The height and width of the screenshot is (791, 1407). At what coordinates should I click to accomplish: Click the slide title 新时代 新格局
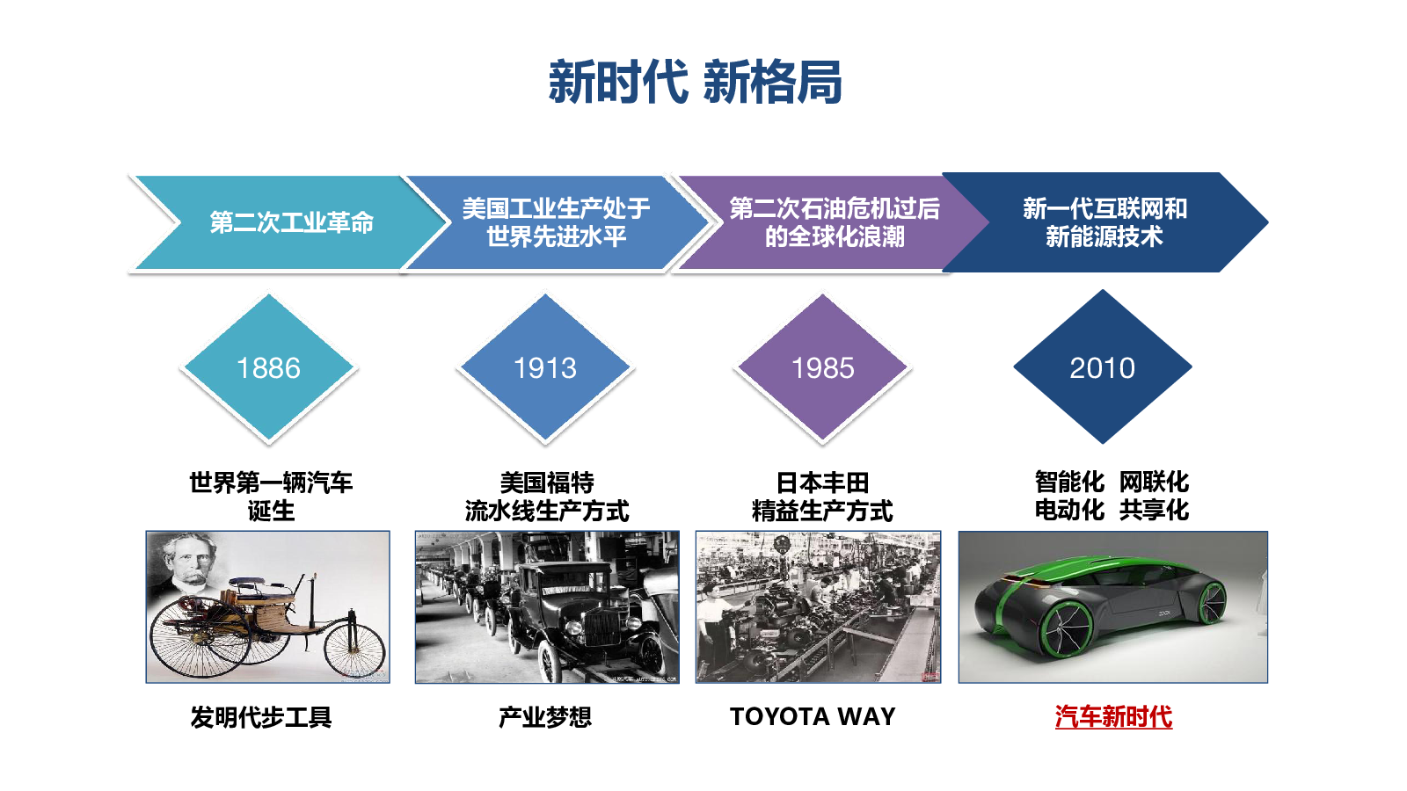tap(695, 83)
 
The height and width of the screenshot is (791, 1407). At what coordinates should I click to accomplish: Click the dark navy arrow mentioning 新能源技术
tap(1104, 222)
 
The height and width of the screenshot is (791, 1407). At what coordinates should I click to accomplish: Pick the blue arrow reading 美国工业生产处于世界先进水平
tap(557, 223)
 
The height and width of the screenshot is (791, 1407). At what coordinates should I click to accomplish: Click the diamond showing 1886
tap(269, 368)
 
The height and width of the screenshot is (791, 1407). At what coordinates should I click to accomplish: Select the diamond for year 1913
tap(545, 368)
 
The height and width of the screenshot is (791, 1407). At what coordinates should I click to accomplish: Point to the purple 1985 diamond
tap(823, 368)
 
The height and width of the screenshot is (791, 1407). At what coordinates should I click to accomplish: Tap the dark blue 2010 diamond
tap(1103, 366)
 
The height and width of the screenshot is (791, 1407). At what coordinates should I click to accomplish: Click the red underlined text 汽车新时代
tap(1113, 717)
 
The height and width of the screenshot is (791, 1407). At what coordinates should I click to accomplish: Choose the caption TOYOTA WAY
tap(813, 716)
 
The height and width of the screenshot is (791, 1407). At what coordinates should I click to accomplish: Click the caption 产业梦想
tap(545, 717)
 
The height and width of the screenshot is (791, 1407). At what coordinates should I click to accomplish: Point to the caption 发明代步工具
tap(261, 717)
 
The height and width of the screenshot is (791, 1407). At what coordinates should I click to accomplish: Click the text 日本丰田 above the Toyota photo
tap(823, 483)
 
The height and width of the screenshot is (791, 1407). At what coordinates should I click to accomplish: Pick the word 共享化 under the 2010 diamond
tap(1154, 510)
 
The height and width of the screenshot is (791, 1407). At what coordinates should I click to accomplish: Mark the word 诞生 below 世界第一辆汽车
tap(271, 511)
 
